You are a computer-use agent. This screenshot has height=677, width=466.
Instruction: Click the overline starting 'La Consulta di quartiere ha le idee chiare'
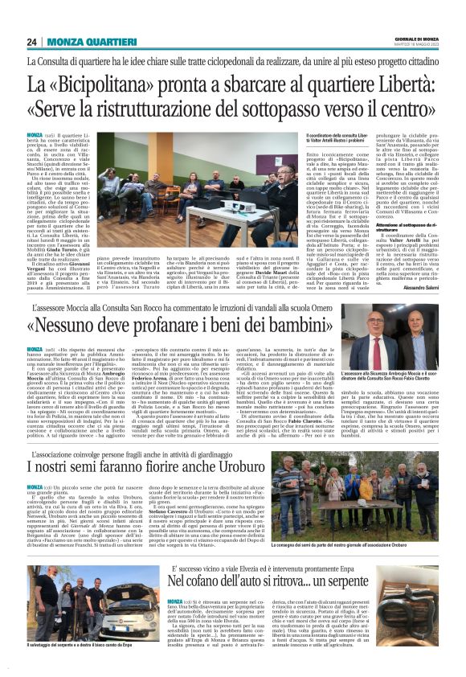click(x=233, y=60)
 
